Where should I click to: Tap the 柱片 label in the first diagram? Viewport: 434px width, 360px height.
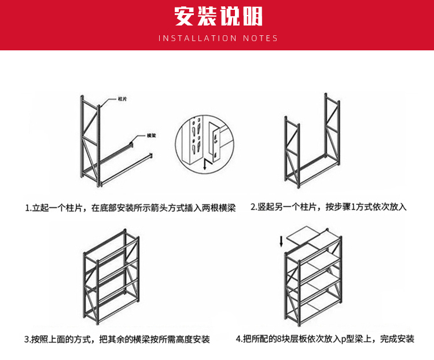(x=122, y=100)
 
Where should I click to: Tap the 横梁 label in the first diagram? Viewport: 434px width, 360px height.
(x=152, y=135)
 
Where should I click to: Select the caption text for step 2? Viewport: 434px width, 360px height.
(x=329, y=207)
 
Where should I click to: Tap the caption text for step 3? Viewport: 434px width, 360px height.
(x=117, y=339)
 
